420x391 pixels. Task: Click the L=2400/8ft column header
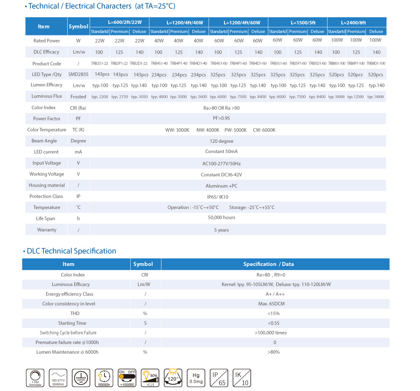click(x=357, y=22)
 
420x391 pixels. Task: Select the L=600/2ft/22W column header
click(x=119, y=22)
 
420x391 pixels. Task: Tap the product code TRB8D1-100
click(x=376, y=63)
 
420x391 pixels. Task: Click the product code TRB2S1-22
click(x=99, y=63)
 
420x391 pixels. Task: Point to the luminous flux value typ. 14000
click(x=376, y=97)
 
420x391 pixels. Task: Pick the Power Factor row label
click(x=47, y=119)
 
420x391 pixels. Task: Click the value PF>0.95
click(x=221, y=119)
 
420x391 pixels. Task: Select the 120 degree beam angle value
click(x=221, y=140)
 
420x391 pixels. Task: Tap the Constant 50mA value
click(x=221, y=152)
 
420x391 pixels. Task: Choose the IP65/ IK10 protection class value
click(x=221, y=196)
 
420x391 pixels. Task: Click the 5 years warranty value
click(x=221, y=230)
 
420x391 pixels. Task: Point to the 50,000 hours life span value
click(x=221, y=217)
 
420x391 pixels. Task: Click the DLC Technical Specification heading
click(x=71, y=251)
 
